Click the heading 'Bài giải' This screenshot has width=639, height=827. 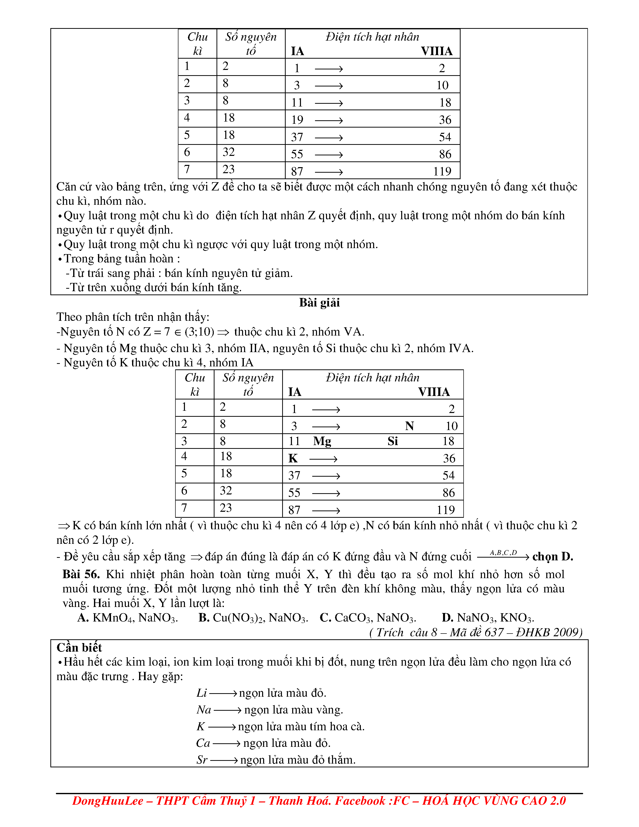[319, 302]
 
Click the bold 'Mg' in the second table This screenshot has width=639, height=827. [322, 441]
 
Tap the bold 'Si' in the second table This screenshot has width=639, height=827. [393, 441]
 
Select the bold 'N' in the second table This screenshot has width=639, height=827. [409, 426]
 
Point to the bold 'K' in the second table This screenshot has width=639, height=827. [293, 459]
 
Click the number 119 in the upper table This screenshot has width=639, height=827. [442, 171]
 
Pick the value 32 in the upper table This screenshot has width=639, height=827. [229, 152]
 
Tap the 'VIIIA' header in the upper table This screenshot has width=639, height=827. [437, 51]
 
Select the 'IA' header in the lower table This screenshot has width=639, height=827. [294, 392]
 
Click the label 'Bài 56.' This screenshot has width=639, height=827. [81, 574]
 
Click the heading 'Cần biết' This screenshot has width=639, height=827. [79, 648]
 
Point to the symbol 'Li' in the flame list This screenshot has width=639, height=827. [201, 693]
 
